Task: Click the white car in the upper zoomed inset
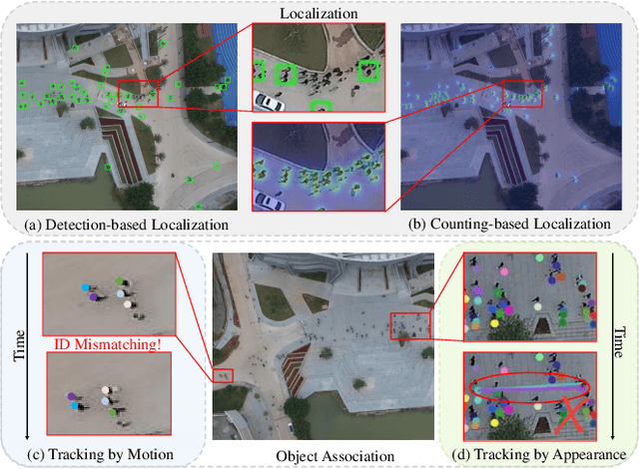click(x=268, y=100)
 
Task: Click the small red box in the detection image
click(x=138, y=92)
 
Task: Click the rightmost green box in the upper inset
click(x=370, y=70)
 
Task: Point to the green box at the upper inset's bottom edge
click(x=320, y=105)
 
